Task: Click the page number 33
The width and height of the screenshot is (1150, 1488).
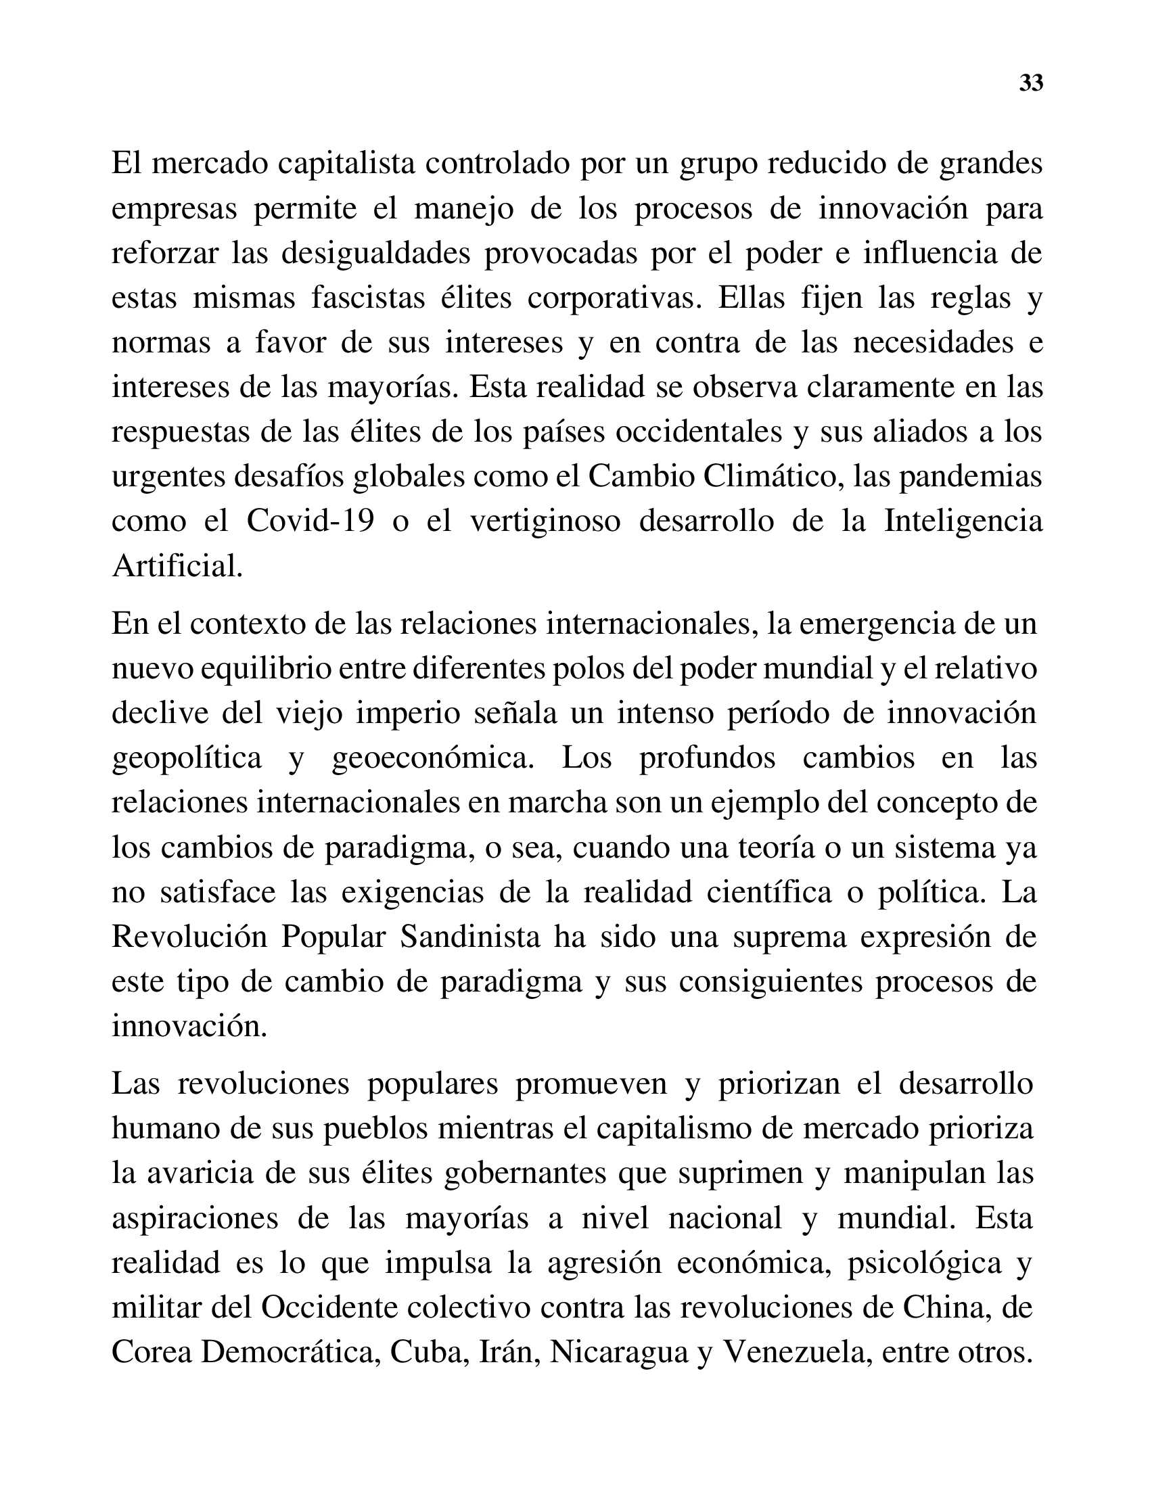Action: click(1031, 83)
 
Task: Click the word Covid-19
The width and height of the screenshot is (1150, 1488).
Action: click(310, 521)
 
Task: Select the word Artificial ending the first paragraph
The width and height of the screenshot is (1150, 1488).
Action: click(177, 565)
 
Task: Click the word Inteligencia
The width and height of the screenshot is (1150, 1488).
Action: click(963, 521)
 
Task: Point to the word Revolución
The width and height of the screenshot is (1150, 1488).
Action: click(189, 937)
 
